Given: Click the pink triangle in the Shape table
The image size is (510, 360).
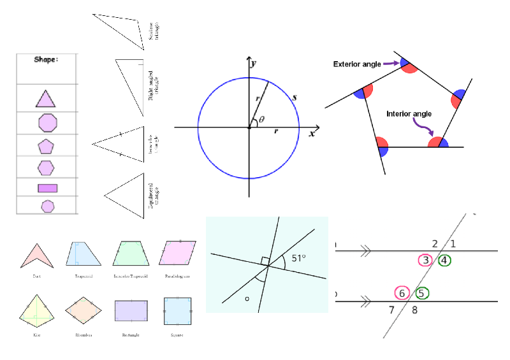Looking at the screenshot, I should tap(45, 99).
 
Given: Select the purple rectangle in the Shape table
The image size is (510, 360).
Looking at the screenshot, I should tap(47, 188).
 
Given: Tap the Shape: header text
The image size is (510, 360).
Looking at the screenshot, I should tap(46, 59).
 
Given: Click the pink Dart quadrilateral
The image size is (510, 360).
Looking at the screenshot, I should tap(36, 255).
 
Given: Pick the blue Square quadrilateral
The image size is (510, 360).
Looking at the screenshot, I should tap(177, 312).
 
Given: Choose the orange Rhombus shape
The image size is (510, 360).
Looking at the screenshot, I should tap(82, 311).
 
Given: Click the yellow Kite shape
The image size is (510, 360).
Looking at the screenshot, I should tap(36, 310).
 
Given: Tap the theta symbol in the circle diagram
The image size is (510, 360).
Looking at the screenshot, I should tap(261, 119).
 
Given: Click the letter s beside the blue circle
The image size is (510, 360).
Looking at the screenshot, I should tap(294, 98).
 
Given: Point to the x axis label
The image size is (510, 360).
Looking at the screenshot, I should tap(312, 134).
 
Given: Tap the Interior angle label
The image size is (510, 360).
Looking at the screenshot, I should tap(409, 114).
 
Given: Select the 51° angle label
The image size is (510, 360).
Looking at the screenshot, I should tap(298, 258).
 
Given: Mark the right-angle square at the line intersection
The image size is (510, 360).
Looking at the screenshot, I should tap(264, 261).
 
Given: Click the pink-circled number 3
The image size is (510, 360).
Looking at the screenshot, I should tap(426, 260).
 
